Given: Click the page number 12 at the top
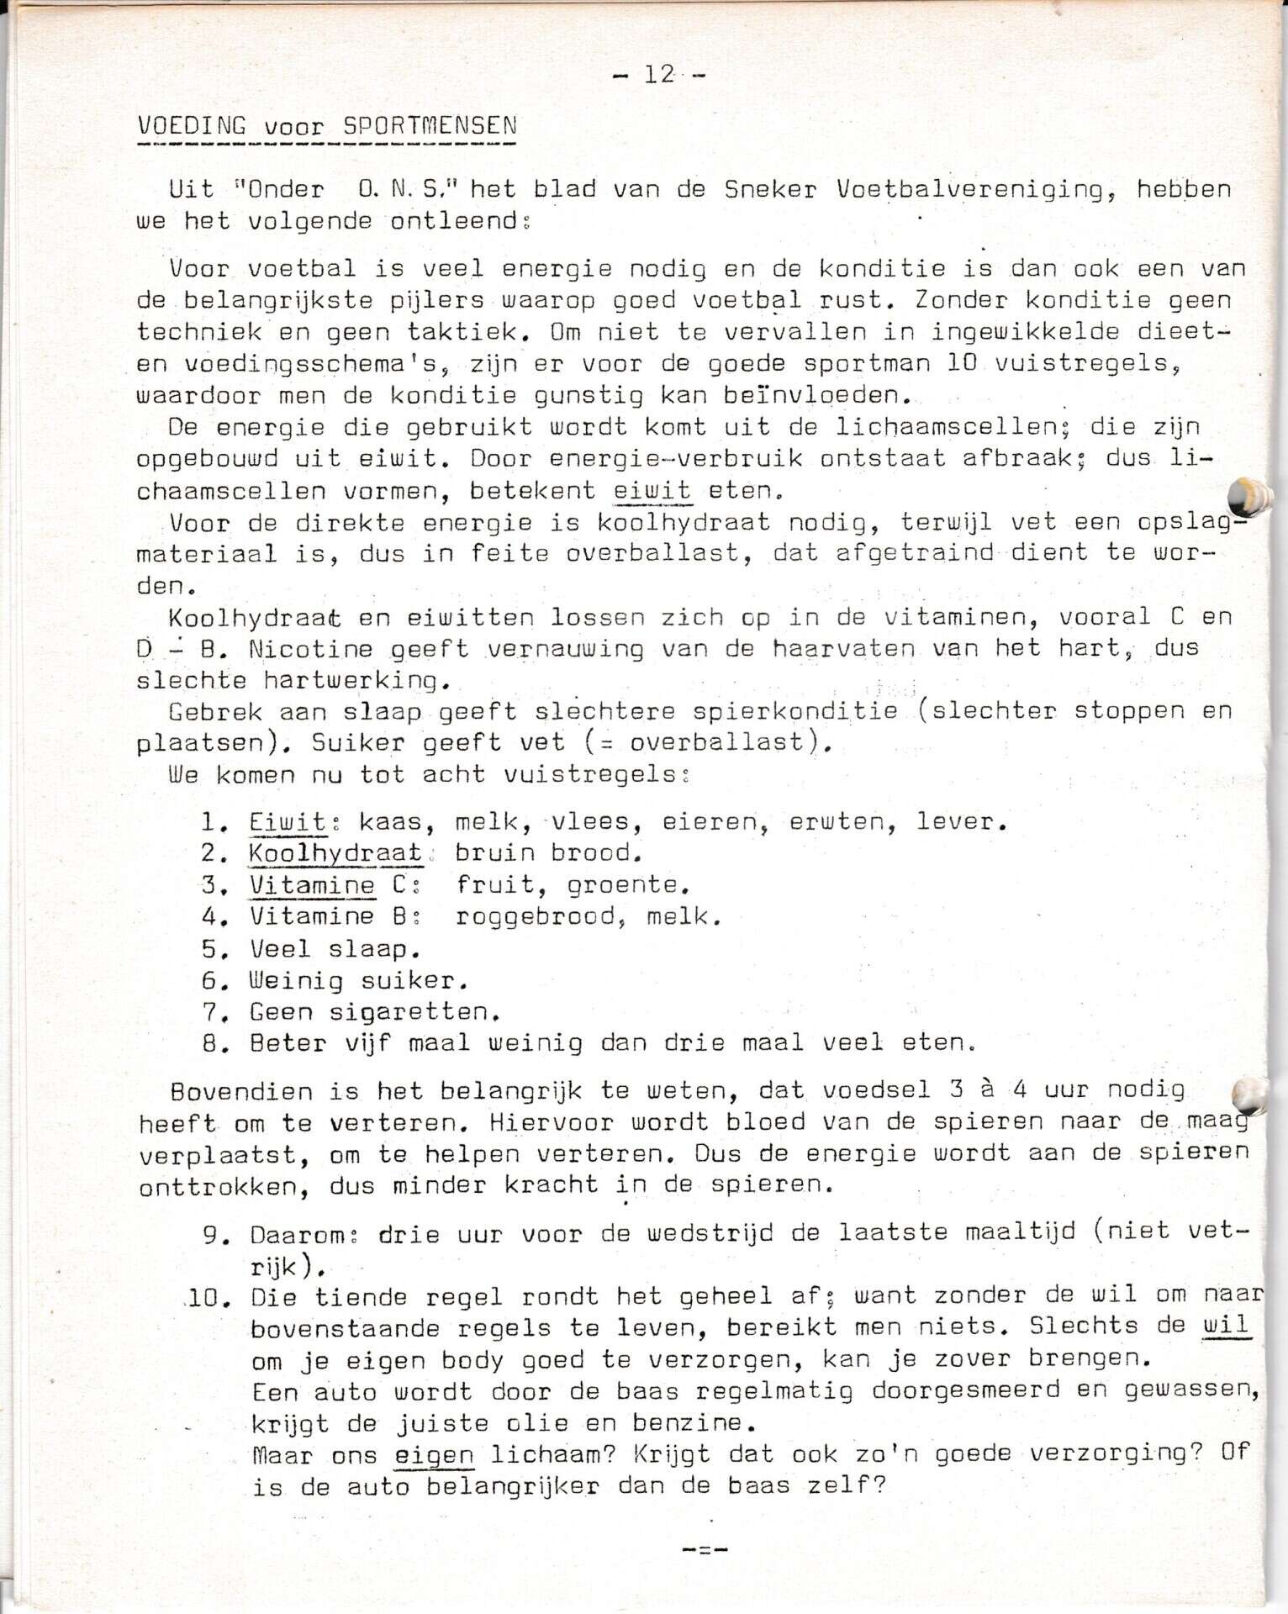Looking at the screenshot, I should click(660, 75).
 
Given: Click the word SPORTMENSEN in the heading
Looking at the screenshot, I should click(430, 126).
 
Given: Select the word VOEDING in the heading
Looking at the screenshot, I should click(192, 126).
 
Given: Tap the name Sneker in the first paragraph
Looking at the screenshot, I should click(770, 190).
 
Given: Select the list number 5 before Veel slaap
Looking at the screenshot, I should click(210, 949).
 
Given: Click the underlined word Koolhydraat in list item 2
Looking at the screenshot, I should click(335, 853).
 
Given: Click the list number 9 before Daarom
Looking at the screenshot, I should click(211, 1235).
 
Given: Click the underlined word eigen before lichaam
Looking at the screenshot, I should click(434, 1456).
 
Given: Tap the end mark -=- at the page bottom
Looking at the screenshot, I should click(705, 1549).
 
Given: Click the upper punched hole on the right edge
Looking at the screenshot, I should click(1248, 496).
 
